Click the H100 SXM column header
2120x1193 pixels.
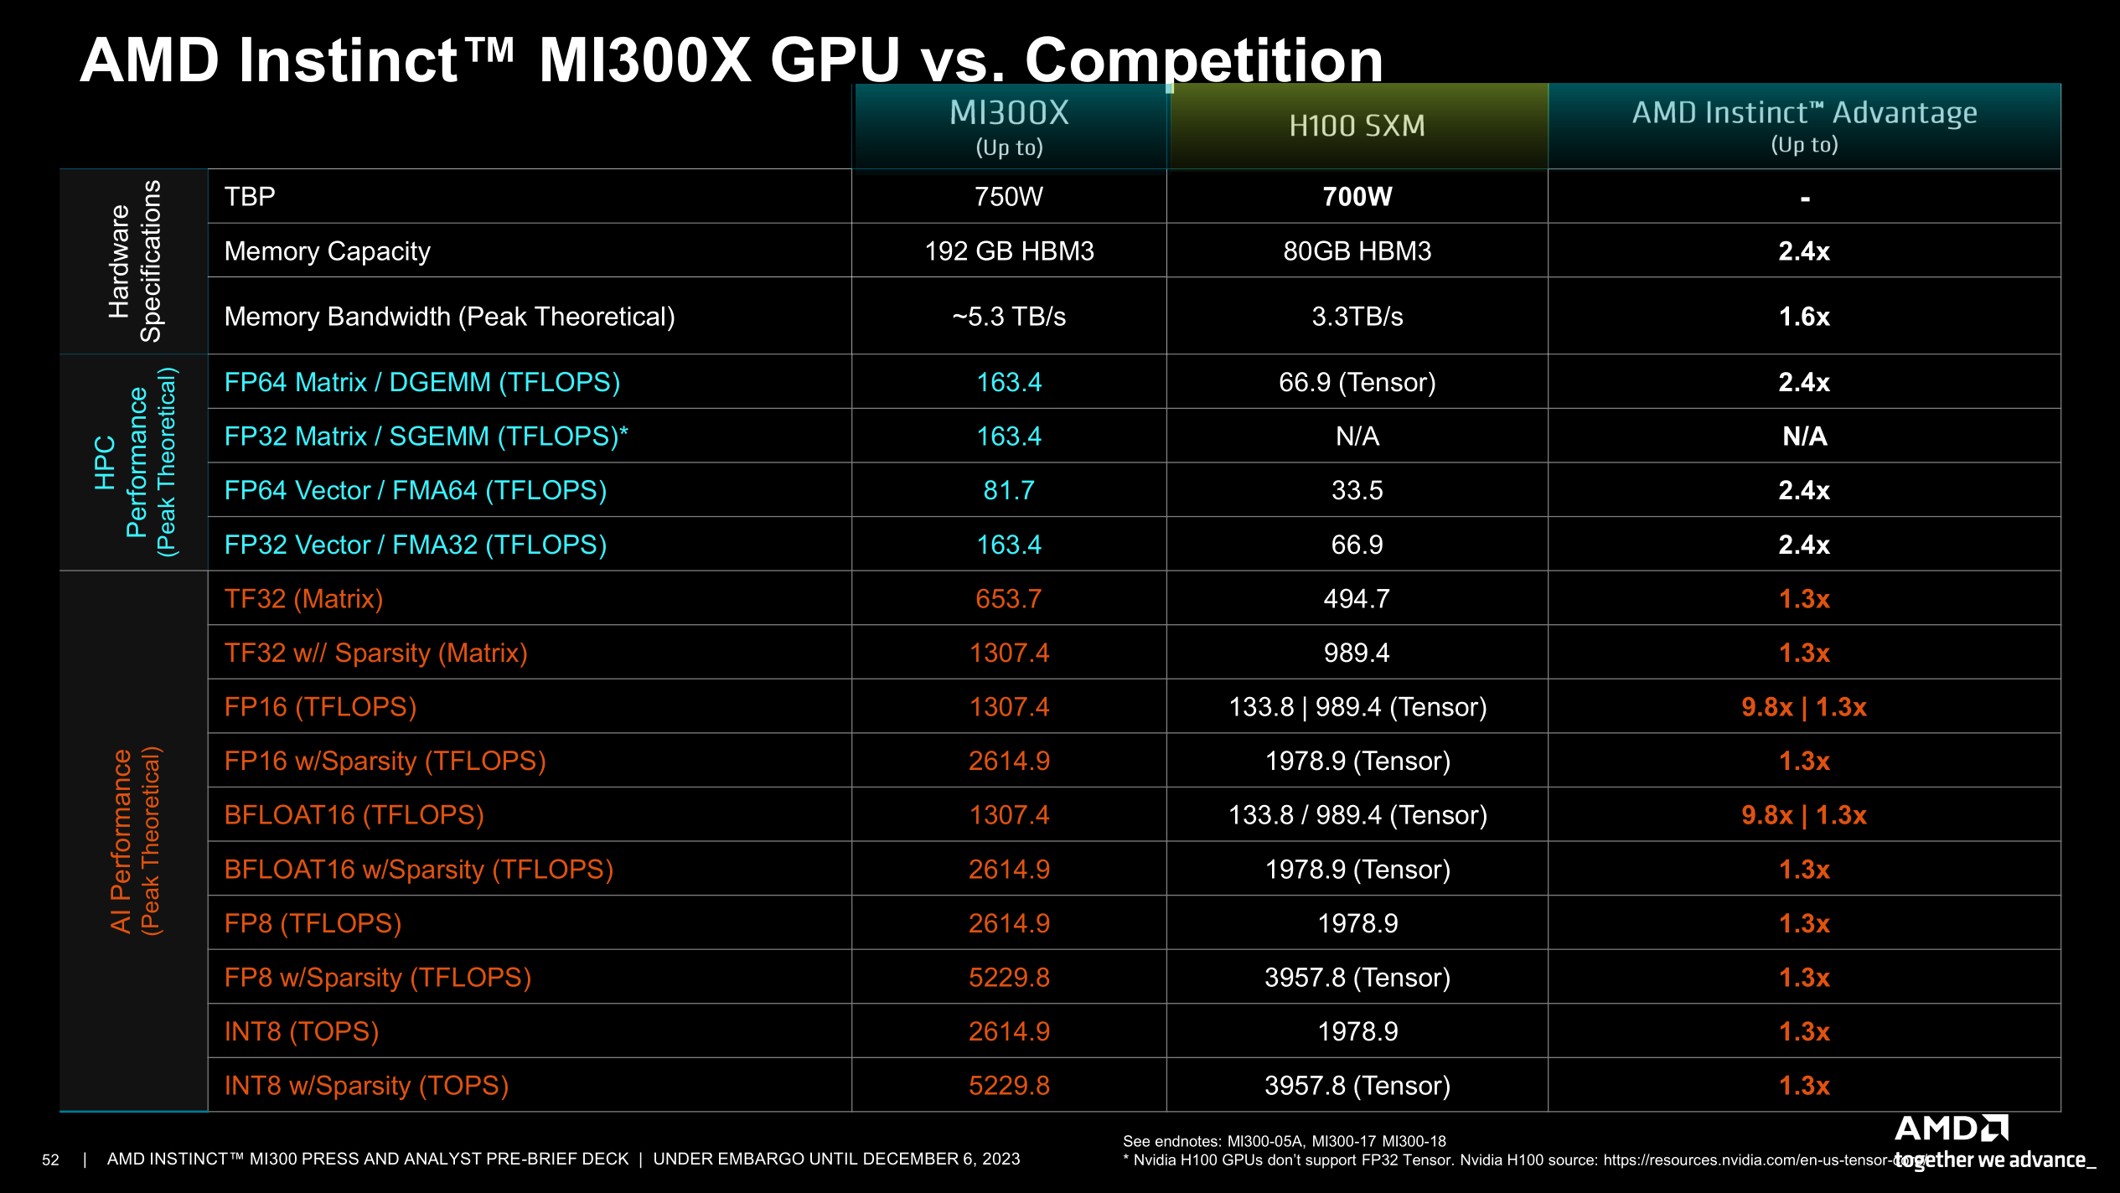[1357, 126]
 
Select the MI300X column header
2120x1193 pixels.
[1009, 114]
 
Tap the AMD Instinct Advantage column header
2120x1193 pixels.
[1804, 113]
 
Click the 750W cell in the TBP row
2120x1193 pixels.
[1009, 197]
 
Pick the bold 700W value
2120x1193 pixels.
[1357, 197]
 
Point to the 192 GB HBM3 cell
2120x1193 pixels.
[1009, 251]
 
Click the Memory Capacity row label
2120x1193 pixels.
[328, 251]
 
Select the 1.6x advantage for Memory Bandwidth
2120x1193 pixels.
[1804, 317]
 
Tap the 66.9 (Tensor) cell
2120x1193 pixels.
[1357, 383]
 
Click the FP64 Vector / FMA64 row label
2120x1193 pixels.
[416, 491]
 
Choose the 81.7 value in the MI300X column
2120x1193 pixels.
[1009, 491]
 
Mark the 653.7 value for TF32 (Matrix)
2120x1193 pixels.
[1009, 599]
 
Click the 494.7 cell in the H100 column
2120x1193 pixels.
[1357, 599]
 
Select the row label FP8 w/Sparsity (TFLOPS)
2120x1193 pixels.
[378, 978]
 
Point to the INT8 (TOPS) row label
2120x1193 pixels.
[302, 1032]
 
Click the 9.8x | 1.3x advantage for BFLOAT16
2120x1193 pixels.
[1804, 815]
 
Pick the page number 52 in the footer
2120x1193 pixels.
[50, 1160]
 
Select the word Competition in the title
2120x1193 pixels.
[1204, 60]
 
